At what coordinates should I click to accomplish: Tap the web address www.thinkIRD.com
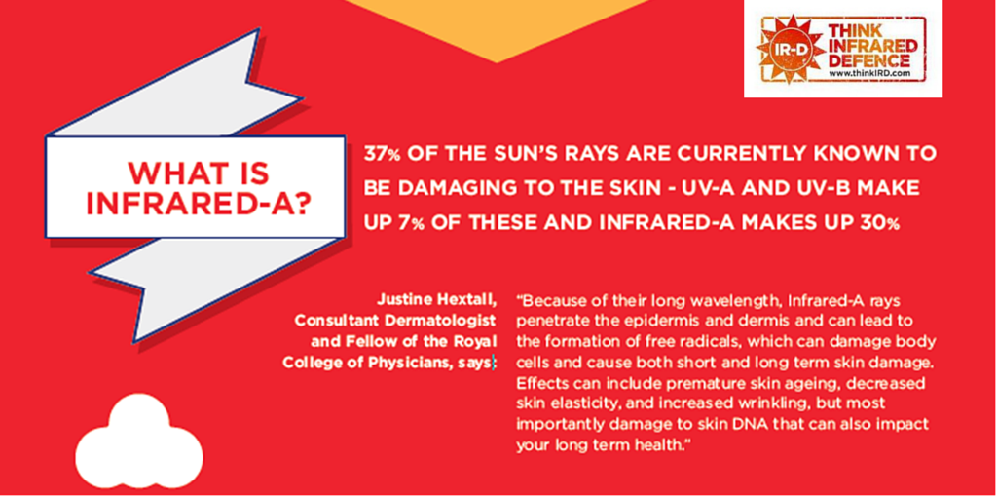[868, 74]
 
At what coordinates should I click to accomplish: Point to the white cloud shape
[137, 443]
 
